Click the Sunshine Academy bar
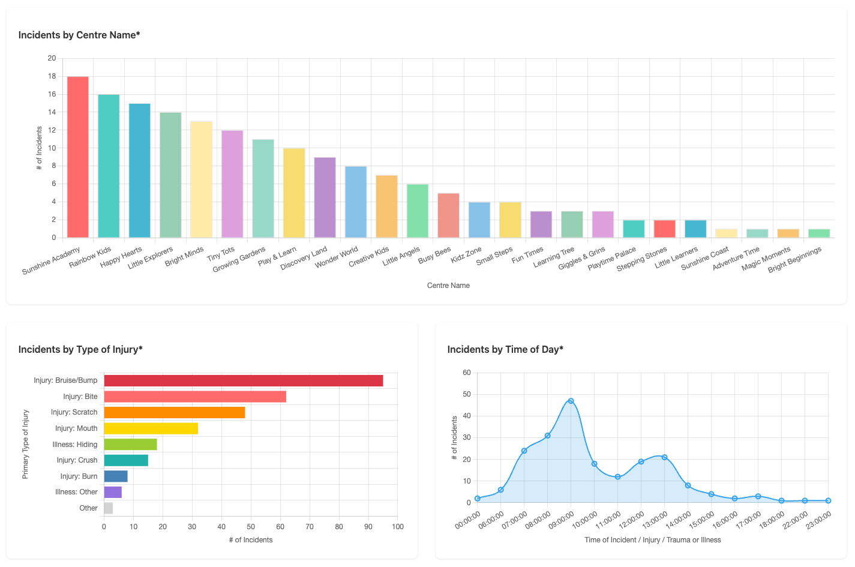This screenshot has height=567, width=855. click(x=78, y=157)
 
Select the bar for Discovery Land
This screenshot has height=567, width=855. click(x=325, y=197)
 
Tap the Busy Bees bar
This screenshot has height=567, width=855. click(x=448, y=215)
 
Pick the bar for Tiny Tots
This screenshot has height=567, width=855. click(x=232, y=184)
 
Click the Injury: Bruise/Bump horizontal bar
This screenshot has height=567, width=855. click(x=244, y=380)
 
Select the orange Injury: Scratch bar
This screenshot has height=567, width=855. click(x=175, y=412)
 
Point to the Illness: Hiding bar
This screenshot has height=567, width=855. click(x=130, y=445)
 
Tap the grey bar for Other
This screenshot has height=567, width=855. click(x=109, y=508)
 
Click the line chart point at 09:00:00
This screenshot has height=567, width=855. click(x=571, y=401)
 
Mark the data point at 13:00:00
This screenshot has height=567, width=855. click(x=664, y=457)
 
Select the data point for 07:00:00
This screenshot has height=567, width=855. click(x=524, y=451)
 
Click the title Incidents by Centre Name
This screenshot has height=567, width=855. click(x=79, y=35)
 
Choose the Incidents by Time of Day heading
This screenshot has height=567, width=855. click(x=505, y=349)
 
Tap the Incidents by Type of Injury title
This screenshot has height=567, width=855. click(x=80, y=349)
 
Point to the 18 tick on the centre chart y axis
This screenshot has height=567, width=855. click(x=52, y=76)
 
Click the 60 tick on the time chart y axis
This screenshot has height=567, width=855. click(x=467, y=373)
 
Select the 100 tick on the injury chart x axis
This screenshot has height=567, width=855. click(x=397, y=527)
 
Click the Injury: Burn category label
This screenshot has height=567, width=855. click(x=79, y=476)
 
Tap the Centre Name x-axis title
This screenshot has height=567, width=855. click(x=448, y=286)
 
